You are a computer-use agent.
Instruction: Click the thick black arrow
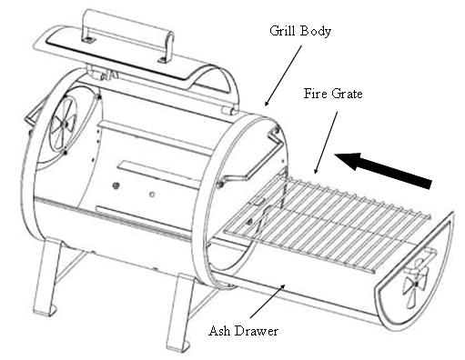click(x=383, y=170)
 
